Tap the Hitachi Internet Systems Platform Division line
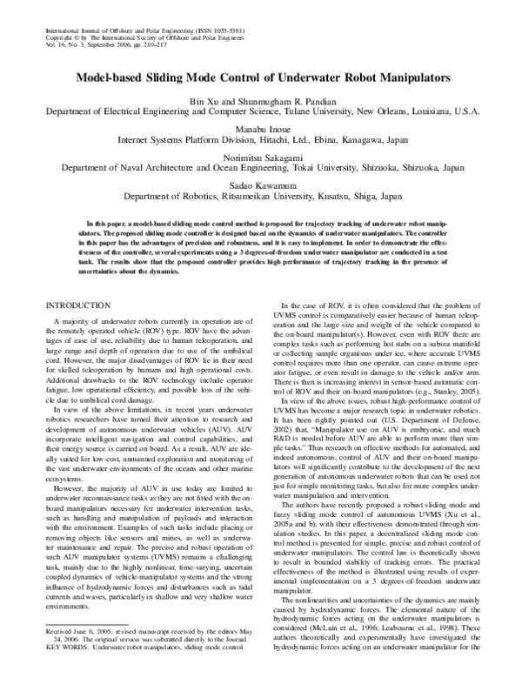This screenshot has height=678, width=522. tap(261, 138)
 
